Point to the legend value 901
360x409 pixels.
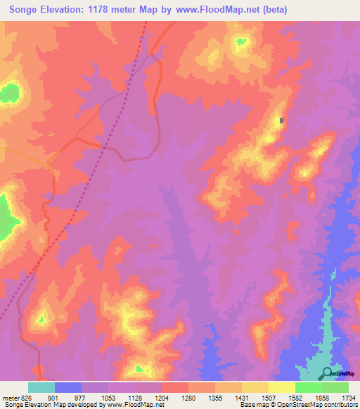click(x=55, y=397)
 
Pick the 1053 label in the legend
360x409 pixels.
click(x=108, y=397)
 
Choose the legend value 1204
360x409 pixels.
click(x=162, y=397)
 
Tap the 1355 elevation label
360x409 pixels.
click(x=215, y=397)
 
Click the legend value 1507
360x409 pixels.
click(x=268, y=397)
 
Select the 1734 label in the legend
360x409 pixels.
click(x=349, y=397)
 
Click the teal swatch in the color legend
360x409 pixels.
click(x=41, y=387)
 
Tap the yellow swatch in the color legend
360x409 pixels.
click(x=281, y=387)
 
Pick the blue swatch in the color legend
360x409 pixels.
click(x=68, y=387)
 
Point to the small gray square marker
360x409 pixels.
click(x=282, y=120)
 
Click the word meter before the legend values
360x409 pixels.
click(x=10, y=397)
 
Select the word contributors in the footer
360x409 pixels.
click(x=339, y=405)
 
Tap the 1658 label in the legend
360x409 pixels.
click(x=321, y=397)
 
